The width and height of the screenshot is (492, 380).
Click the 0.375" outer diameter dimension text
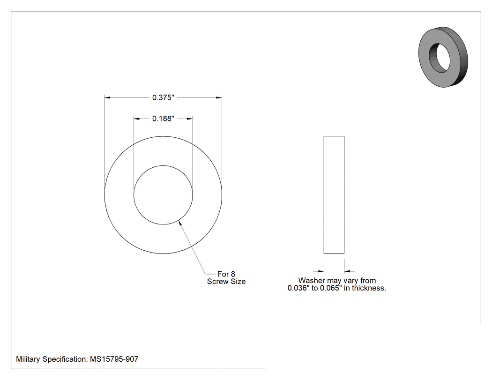click(163, 97)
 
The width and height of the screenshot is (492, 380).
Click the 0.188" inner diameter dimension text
click(163, 119)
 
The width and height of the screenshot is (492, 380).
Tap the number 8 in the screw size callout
click(233, 274)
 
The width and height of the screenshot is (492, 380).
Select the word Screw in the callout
click(217, 282)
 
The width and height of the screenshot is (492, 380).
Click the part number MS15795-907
click(114, 359)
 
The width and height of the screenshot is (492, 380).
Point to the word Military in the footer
click(28, 359)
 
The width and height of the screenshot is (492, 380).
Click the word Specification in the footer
click(65, 359)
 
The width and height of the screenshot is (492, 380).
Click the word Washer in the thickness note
click(312, 281)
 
